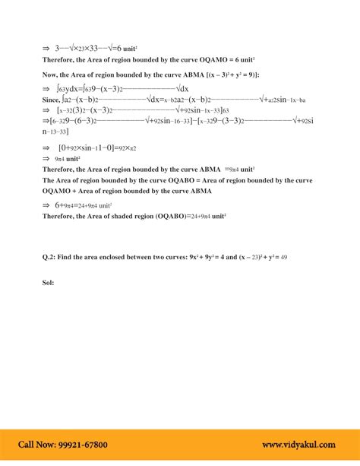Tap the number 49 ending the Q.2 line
tap(283, 258)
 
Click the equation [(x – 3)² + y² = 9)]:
tap(227, 74)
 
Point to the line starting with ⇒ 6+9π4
tap(77, 205)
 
